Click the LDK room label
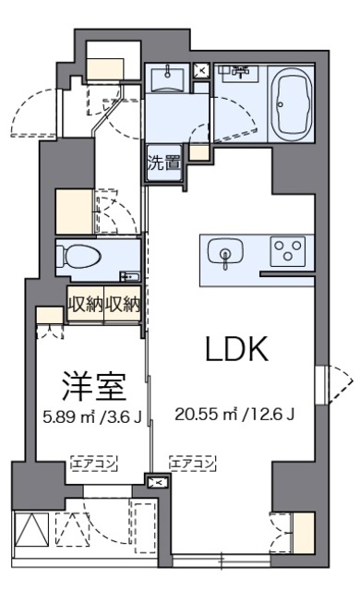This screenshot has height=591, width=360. coord(236,349)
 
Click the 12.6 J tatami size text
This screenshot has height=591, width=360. coord(273,415)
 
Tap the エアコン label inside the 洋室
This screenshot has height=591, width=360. coord(94,463)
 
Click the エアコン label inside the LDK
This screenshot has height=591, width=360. coord(192,463)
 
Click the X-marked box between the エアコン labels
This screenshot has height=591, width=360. coord(156,481)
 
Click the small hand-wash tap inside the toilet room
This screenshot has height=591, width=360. coord(128,276)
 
